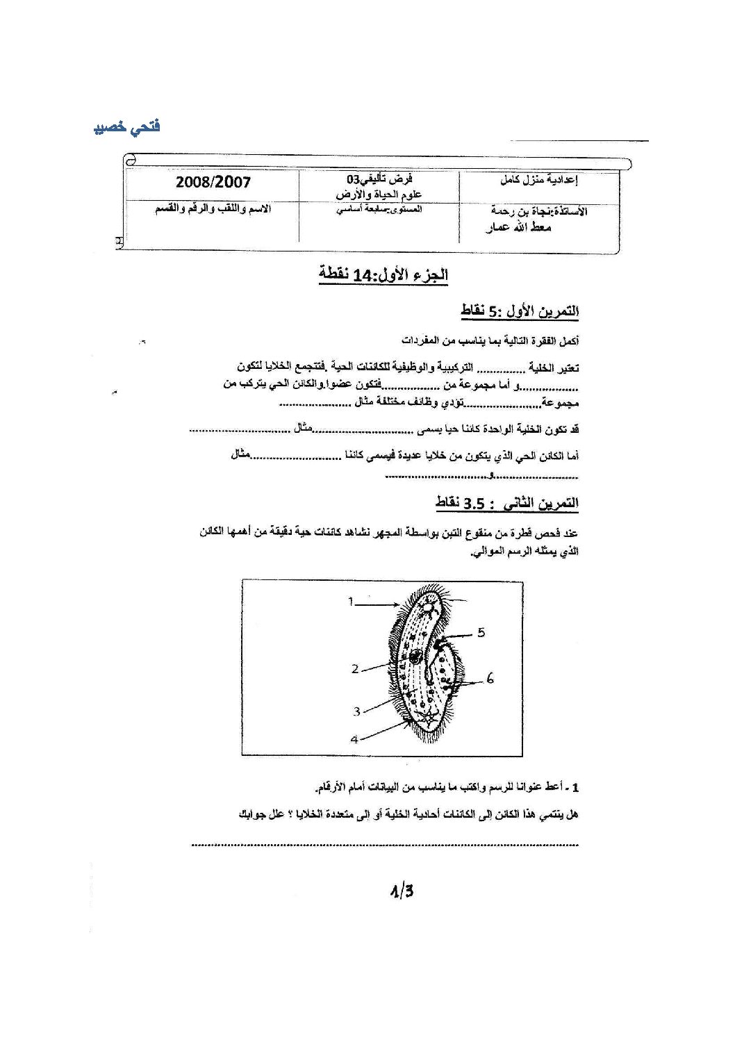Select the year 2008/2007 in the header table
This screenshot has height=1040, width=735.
[213, 183]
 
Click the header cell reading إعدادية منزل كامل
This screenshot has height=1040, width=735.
[540, 181]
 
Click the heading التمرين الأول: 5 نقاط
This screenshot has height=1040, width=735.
[520, 312]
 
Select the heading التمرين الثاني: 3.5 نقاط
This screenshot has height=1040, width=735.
[507, 503]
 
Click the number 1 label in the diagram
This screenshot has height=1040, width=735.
[352, 602]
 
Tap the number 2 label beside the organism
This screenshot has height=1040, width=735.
[355, 668]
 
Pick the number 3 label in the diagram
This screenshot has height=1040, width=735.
[356, 711]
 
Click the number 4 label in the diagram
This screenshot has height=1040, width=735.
[354, 739]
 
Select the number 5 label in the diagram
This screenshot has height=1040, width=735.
[481, 632]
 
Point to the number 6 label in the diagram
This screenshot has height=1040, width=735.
[490, 678]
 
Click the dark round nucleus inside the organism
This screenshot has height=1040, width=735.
[415, 656]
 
